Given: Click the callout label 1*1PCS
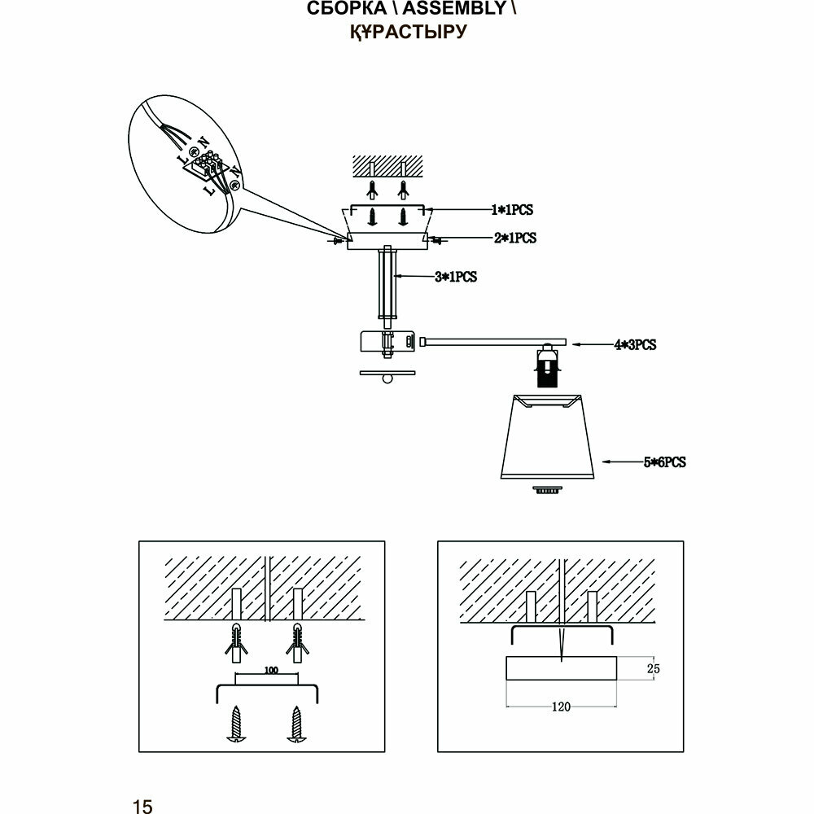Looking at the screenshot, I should pos(511,210).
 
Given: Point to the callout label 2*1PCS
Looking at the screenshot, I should pos(514,239).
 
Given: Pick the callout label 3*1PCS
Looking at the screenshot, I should pos(455,277).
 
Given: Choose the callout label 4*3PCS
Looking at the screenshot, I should pos(634,344).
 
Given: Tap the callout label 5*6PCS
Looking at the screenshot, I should pos(664,462).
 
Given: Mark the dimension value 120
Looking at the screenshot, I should pos(561,707).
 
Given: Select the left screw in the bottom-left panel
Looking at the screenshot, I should pos(234,723).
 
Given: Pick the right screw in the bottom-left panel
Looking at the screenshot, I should pos(294,723).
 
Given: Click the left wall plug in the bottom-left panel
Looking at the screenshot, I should pos(234,642).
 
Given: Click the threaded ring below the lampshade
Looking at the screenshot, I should pos(547,491).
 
